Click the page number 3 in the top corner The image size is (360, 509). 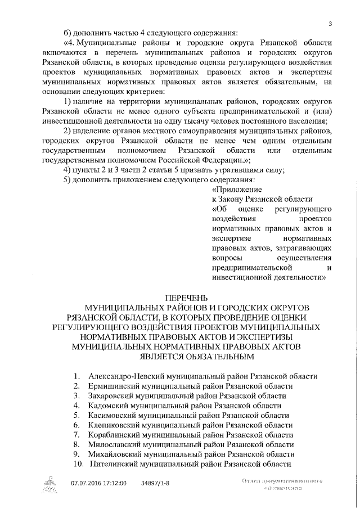pos(330,22)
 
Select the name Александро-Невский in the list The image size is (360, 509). pos(124,376)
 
